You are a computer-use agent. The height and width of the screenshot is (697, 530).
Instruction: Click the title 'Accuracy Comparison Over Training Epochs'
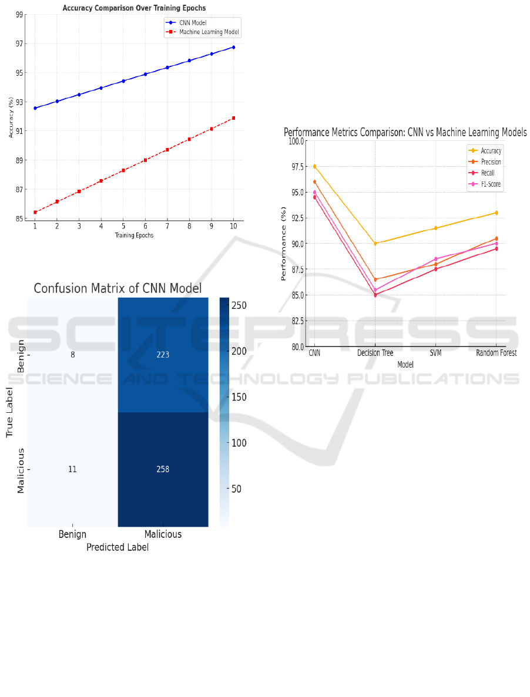pos(134,8)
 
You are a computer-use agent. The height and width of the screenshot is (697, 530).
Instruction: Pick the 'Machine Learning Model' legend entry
pos(209,32)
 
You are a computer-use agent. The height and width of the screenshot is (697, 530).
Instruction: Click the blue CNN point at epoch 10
pos(233,47)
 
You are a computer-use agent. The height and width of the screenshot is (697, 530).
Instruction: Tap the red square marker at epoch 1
pos(35,212)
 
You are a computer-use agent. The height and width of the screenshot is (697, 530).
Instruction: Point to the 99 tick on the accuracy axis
pos(20,15)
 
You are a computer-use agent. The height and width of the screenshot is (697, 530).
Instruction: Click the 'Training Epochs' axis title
pos(134,235)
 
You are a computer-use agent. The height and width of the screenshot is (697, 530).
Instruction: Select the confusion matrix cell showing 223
pos(163,355)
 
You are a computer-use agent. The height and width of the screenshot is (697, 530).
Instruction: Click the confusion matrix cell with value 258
pos(163,469)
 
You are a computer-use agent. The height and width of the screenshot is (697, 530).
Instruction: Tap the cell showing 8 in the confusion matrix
pos(72,355)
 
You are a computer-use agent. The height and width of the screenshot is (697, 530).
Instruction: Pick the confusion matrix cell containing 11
pos(72,469)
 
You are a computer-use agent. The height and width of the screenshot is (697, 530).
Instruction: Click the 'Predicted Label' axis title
pos(118,547)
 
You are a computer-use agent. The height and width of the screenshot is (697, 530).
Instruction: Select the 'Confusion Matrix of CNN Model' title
pos(118,288)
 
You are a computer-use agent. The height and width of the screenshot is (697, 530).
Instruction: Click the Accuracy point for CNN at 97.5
pos(314,166)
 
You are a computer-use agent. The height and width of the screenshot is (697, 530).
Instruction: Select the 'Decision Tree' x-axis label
pos(375,353)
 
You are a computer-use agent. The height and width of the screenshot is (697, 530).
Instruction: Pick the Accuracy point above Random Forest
pos(496,213)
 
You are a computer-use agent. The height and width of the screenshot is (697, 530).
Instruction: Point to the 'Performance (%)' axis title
pos(284,243)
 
